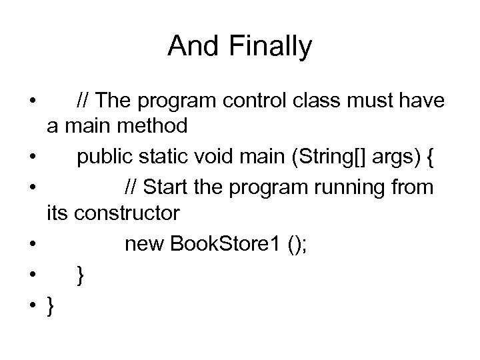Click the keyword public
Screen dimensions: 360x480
click(107, 159)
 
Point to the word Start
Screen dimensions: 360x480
click(165, 188)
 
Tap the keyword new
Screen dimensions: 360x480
click(145, 245)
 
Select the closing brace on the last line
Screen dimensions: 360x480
click(51, 307)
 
